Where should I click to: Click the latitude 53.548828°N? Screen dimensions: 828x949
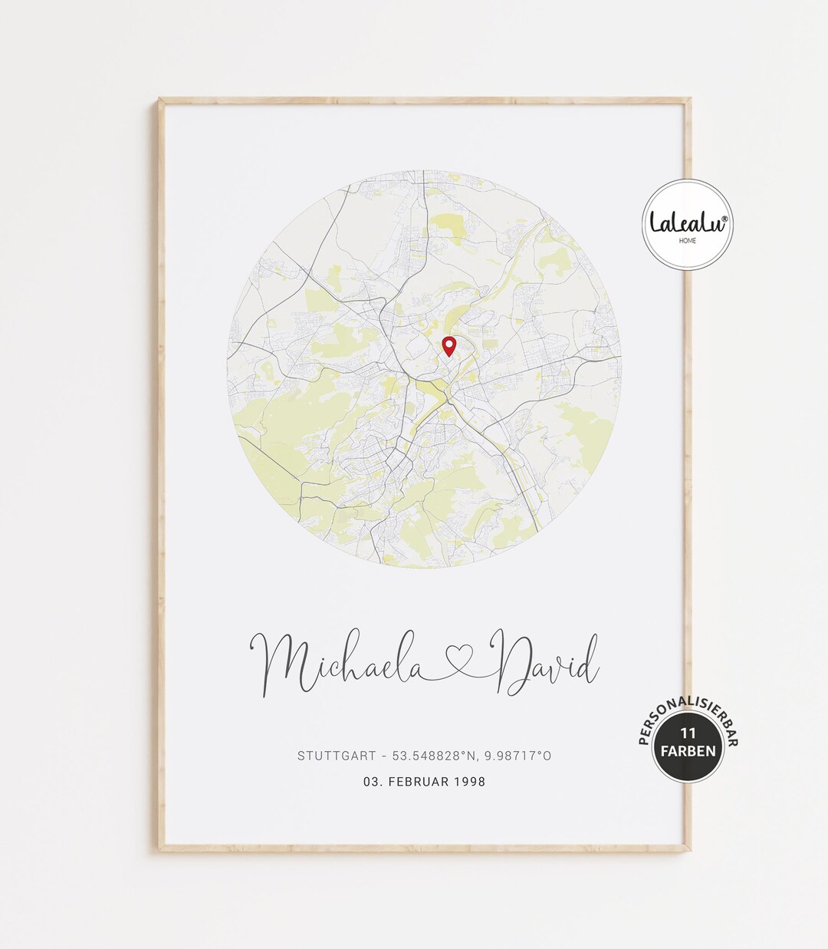click(433, 756)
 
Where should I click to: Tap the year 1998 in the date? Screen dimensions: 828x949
click(469, 782)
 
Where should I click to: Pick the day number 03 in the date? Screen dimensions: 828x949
click(373, 782)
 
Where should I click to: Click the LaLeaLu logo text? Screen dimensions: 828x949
click(685, 222)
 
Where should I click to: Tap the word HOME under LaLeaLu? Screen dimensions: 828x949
click(688, 240)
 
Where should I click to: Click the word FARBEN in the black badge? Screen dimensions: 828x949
click(688, 750)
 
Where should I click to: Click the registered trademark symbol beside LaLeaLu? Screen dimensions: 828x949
click(724, 218)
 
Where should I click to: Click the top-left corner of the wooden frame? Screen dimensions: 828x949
click(161, 101)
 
